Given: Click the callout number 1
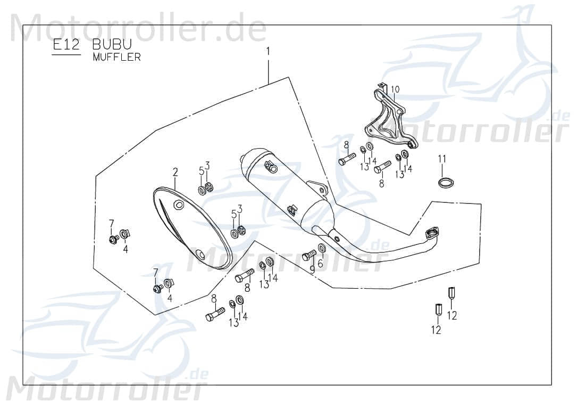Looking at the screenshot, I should [268, 52].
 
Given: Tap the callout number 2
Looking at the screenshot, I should [174, 172].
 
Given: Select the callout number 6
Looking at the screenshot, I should [320, 263].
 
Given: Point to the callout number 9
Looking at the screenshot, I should [312, 269].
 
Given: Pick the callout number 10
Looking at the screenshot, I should [395, 89].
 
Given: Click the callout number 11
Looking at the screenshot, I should [442, 159].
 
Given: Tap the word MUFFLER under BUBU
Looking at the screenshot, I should [116, 58].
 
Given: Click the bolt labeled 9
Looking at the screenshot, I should [309, 256].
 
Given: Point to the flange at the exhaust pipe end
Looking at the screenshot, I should [433, 232].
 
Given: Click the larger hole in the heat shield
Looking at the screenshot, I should [179, 205].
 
